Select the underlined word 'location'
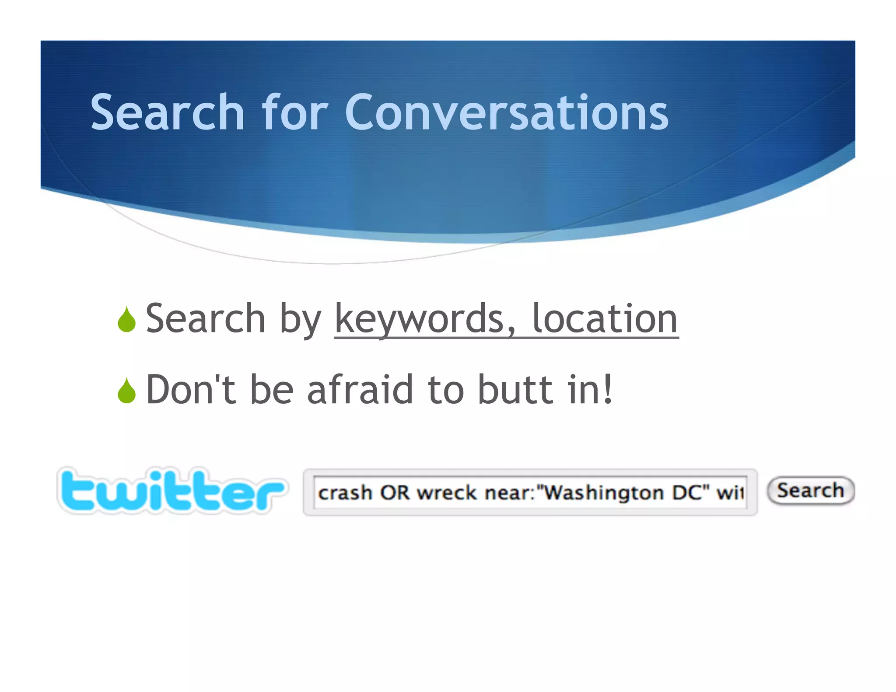pos(605,319)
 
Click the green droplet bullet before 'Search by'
pos(126,320)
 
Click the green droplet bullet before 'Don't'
pos(126,391)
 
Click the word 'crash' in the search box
pos(345,493)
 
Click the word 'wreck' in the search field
pos(446,493)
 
